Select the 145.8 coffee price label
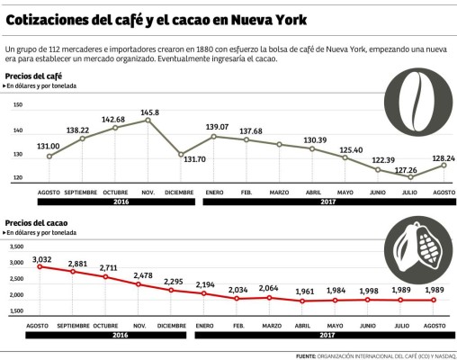149,112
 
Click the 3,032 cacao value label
41,259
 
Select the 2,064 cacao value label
270,289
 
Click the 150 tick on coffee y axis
17,105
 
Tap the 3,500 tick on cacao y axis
15,245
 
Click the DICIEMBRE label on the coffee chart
180,193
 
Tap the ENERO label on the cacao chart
204,323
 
